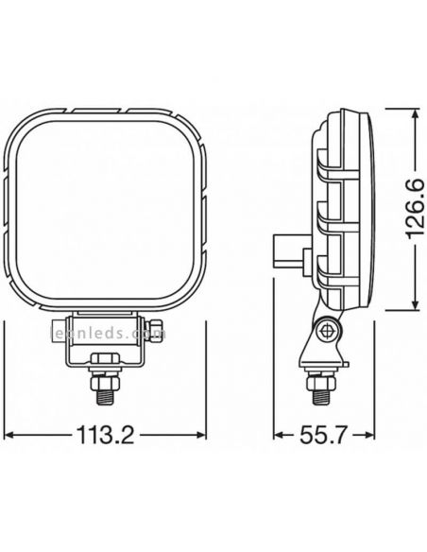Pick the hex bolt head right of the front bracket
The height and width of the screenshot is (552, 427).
(x=158, y=331)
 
